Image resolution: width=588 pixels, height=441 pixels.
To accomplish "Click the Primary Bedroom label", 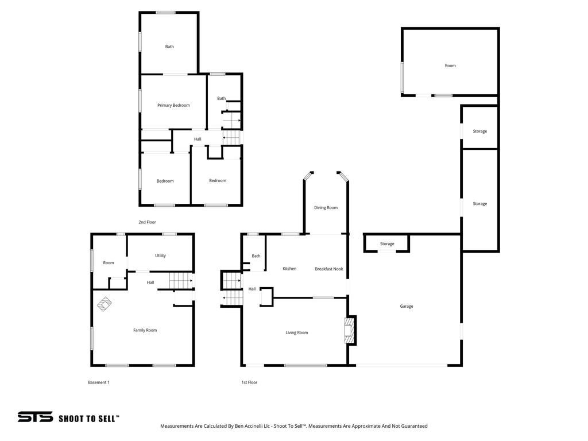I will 173,105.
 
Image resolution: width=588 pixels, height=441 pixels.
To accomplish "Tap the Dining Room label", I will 326,207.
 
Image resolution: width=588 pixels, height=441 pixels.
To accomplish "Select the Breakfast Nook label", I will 329,269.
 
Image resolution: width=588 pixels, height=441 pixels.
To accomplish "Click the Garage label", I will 407,306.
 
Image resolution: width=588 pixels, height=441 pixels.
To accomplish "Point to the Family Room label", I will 145,330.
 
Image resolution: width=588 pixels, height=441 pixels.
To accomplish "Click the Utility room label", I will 161,256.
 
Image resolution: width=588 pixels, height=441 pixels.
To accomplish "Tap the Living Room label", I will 297,332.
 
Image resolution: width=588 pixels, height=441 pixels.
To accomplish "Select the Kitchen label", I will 289,269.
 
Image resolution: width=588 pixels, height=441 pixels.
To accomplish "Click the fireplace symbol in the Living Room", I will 349,331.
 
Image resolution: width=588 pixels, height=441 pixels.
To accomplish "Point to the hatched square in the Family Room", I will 104,303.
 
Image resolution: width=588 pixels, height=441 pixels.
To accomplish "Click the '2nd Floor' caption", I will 147,222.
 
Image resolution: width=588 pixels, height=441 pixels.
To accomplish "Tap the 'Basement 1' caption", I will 98,382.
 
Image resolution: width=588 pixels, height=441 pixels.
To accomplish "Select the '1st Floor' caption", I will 249,382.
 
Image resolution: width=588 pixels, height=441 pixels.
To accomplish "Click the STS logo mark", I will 35,417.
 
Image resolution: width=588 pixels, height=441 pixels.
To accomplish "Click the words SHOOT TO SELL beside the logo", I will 89,419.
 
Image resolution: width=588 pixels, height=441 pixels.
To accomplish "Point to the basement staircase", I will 180,281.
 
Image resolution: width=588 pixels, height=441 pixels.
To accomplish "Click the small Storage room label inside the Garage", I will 387,244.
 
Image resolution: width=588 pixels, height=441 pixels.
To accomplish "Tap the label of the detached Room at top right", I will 450,65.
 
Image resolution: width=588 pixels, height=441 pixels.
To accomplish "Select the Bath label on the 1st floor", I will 256,256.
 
